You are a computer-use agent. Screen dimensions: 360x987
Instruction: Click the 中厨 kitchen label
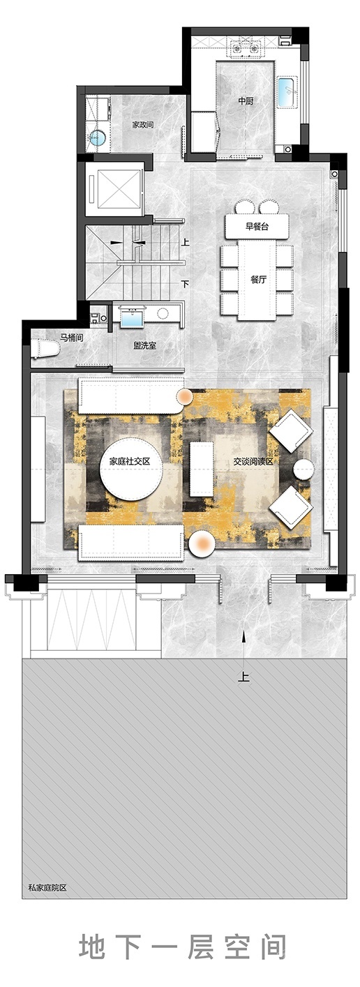point(246,101)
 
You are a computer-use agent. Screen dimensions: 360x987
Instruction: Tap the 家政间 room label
point(143,125)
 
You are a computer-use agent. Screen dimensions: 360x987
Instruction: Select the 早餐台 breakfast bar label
point(257,227)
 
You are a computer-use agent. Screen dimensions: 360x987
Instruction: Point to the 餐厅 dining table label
point(258,279)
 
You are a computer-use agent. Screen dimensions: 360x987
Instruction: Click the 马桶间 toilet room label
point(72,338)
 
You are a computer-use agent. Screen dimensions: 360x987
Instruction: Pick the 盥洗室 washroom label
point(145,346)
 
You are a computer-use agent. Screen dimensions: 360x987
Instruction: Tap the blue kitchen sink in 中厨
point(287,91)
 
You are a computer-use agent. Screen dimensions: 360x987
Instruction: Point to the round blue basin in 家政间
point(98,138)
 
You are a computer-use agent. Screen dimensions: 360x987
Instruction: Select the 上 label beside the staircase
point(186,242)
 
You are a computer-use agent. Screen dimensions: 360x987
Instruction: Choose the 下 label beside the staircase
point(186,284)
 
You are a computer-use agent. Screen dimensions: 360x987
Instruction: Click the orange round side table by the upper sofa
point(185,397)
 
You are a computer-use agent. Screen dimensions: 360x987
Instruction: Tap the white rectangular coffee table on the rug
point(202,469)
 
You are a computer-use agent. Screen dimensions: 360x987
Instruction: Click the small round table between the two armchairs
point(303,469)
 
